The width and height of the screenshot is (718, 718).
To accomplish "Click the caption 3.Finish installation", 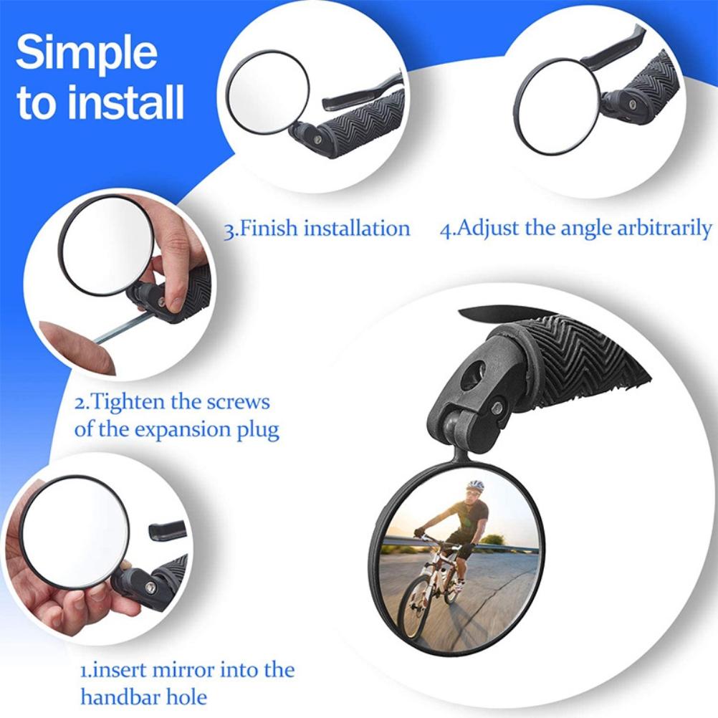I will click(317, 229).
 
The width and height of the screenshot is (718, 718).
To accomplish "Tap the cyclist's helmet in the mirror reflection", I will click(475, 486).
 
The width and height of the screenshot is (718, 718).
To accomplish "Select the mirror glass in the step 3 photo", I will click(267, 92).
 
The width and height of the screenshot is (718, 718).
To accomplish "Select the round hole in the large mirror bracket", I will click(472, 374).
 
